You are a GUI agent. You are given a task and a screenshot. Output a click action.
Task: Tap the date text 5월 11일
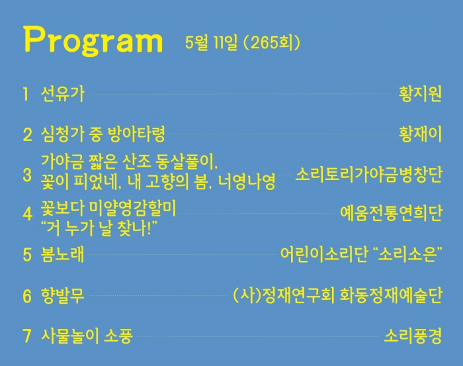(211, 43)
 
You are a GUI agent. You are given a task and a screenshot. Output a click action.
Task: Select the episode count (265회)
(272, 43)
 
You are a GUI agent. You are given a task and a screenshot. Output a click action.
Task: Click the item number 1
(26, 94)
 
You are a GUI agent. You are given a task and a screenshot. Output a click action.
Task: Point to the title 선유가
(63, 94)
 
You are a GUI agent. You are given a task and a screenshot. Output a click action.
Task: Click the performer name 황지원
(420, 94)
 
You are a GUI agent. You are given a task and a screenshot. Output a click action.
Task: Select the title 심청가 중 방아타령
(103, 134)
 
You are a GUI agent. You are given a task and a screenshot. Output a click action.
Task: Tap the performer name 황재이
(420, 134)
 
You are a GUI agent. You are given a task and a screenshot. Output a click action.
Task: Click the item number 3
(27, 175)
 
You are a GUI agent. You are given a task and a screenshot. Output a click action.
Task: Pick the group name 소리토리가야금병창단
(369, 175)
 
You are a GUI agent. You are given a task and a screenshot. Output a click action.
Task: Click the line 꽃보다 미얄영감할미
(108, 208)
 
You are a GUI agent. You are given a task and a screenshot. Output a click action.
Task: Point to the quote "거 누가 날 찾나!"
(99, 228)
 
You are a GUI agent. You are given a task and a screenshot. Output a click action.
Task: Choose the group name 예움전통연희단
(392, 212)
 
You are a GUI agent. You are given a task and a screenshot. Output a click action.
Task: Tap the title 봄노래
(63, 254)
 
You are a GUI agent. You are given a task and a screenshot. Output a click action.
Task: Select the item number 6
(27, 296)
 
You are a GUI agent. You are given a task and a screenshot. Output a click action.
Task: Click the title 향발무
(63, 295)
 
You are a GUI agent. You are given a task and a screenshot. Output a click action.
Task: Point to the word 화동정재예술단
(391, 295)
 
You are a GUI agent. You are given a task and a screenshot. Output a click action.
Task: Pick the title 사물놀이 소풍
(87, 336)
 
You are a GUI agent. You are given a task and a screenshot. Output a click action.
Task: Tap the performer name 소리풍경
(413, 336)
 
